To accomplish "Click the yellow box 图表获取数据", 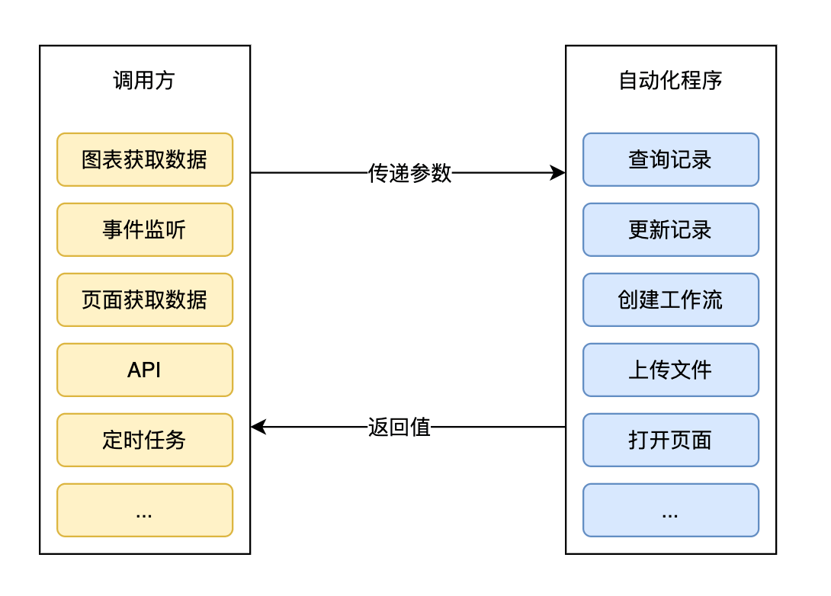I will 144,159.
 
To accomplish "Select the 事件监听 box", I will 144,229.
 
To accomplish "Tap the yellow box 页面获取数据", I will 144,300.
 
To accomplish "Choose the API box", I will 144,370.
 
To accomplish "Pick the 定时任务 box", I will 144,440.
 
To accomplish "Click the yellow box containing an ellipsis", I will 144,510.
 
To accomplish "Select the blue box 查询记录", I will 670,159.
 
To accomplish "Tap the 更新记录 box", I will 670,229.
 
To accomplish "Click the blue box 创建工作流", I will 670,300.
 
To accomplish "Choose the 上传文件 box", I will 670,370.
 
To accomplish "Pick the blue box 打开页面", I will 670,440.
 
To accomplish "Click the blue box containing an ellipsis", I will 670,510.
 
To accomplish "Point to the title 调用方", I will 144,81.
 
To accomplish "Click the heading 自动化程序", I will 670,81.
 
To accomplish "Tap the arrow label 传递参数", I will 409,174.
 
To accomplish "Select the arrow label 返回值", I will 399,427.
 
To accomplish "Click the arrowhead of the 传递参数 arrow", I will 559,173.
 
